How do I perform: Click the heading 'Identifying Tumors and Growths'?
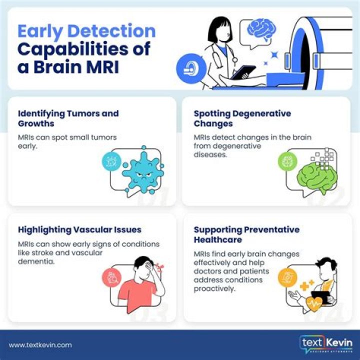pos(68,118)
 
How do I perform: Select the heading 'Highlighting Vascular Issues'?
pos(79,230)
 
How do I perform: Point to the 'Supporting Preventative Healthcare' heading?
pos(246,234)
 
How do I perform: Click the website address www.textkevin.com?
pos(40,344)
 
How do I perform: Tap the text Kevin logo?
pos(325,344)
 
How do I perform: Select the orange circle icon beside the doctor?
pos(287,275)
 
